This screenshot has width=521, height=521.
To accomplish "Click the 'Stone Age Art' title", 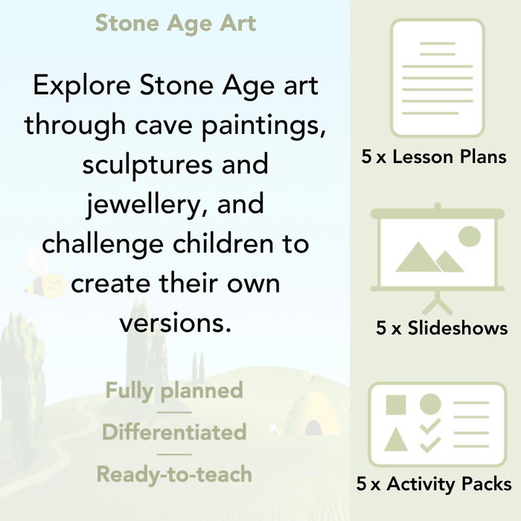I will point(176,22).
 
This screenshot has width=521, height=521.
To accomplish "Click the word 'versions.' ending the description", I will point(176,322).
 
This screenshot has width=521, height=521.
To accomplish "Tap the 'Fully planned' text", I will point(174,390).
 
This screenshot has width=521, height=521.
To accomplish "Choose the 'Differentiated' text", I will point(174,432).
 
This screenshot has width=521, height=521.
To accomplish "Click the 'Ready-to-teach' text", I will point(174,473).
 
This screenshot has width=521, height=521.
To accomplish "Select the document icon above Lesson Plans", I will point(438,78).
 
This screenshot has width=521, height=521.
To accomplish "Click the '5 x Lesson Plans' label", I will point(433,156).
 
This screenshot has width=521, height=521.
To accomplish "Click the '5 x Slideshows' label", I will point(442,328).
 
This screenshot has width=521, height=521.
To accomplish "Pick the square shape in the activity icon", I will point(397,405).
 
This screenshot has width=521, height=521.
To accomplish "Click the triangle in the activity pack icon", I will point(396,441).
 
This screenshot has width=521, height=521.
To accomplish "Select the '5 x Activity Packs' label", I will point(434,485).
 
